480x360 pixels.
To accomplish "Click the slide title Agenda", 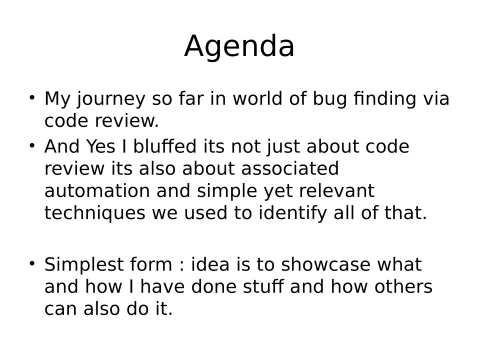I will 239,46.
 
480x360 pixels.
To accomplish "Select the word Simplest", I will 85,265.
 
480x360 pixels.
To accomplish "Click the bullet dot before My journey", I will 31,98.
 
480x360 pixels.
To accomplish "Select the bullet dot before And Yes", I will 31,146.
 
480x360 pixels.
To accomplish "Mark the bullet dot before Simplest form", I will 31,264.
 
